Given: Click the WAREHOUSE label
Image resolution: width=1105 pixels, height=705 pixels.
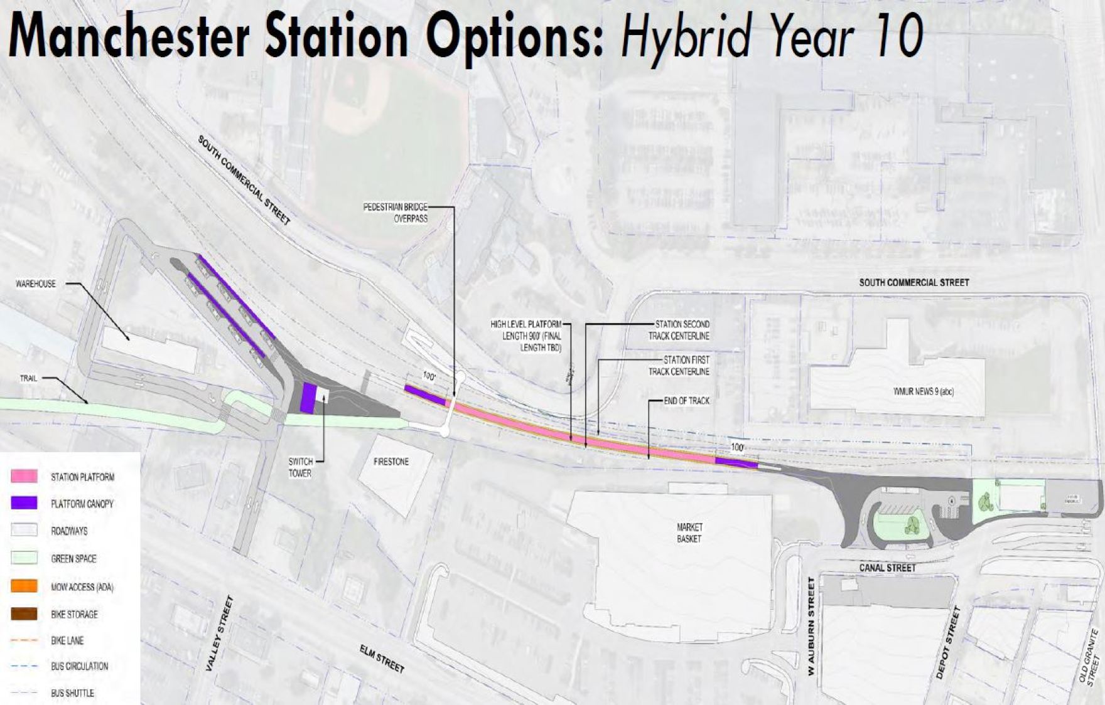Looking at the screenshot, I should [x=36, y=284].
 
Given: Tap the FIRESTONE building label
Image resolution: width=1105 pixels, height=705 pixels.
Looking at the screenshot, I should [x=391, y=462].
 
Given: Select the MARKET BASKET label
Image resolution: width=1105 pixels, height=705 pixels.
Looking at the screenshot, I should [x=689, y=533].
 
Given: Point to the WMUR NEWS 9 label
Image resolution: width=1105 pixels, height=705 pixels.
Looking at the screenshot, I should [x=923, y=391].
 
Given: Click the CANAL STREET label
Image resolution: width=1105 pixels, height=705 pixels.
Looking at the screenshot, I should [x=887, y=568].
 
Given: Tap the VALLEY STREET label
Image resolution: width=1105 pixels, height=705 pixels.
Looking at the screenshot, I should [x=220, y=633].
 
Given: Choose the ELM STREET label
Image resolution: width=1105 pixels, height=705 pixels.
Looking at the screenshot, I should [x=382, y=659].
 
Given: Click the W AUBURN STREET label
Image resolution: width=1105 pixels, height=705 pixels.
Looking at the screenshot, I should [x=811, y=626].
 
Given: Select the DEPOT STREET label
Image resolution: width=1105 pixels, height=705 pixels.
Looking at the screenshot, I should [x=948, y=642].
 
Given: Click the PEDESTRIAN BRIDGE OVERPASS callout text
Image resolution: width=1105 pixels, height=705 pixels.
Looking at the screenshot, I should [x=396, y=213].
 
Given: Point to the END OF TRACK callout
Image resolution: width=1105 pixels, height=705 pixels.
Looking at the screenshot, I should [x=686, y=401].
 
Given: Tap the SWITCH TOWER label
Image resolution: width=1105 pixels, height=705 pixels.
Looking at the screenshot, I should [x=300, y=467].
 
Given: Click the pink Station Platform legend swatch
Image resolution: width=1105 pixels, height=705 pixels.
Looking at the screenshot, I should [x=24, y=476].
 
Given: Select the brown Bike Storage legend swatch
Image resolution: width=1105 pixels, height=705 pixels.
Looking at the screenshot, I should [x=24, y=613].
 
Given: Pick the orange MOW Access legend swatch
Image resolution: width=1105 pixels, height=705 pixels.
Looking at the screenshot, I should [x=24, y=586].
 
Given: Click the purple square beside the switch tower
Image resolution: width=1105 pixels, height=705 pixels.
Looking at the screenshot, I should [x=308, y=398].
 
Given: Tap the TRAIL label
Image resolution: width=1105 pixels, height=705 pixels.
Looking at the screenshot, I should [x=28, y=378].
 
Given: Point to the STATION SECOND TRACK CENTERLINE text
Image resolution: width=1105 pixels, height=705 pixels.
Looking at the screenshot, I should [x=679, y=330].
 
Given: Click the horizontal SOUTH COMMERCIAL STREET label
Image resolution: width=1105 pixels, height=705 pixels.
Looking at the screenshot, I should [x=914, y=283].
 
